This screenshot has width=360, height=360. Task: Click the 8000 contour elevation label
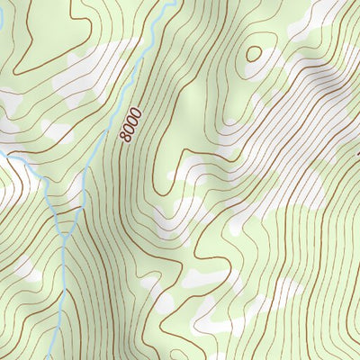click(131, 124)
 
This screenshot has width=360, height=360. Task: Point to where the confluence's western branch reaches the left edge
click(3, 153)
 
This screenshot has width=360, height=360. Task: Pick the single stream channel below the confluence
click(61, 288)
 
